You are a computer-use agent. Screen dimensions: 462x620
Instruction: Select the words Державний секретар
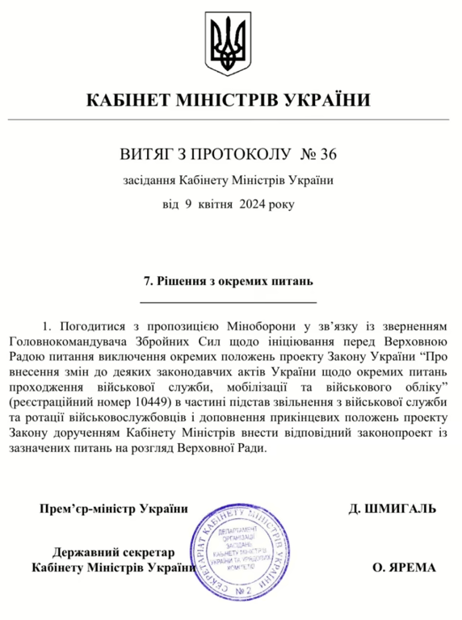(114, 552)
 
